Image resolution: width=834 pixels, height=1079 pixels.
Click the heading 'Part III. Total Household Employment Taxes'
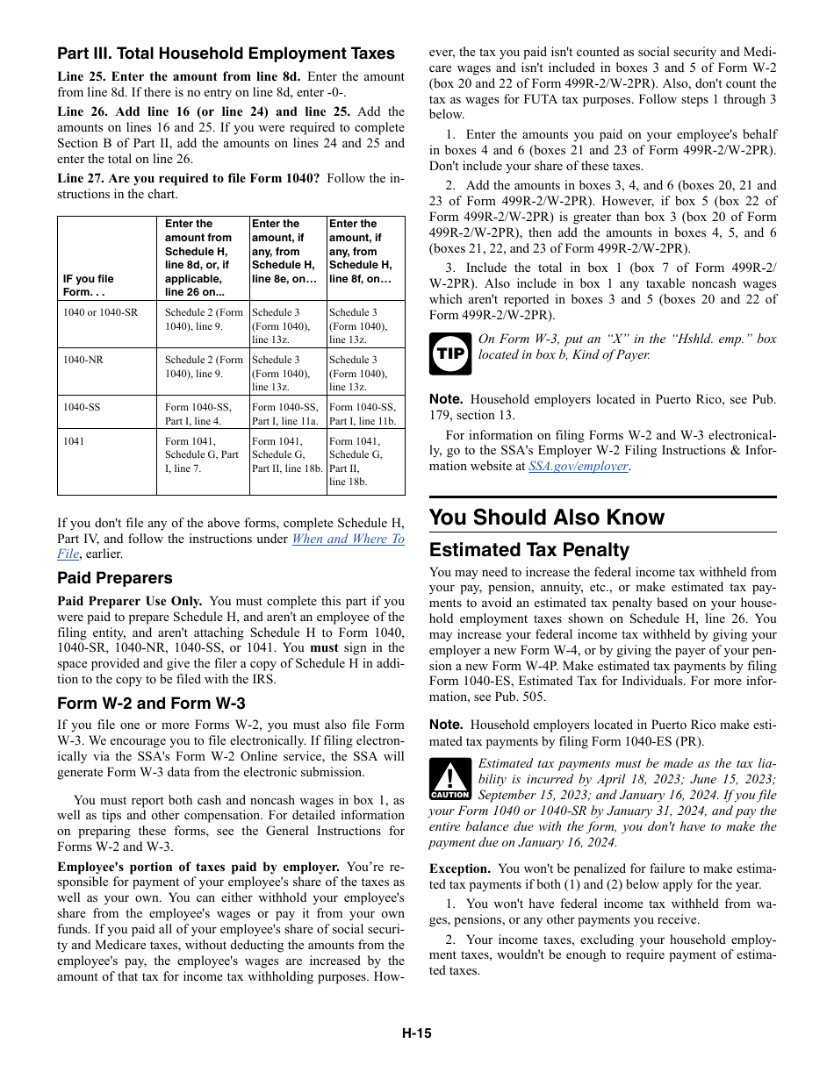coord(226,54)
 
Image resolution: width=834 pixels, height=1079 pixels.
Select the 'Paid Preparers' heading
coord(115,578)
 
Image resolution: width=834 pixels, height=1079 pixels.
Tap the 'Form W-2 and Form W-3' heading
coord(151,704)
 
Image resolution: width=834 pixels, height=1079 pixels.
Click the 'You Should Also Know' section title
coord(547,517)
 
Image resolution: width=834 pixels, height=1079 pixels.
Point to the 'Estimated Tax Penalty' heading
coord(529,550)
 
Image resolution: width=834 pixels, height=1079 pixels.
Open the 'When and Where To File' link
coord(348,539)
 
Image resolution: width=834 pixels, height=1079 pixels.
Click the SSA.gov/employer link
coord(578,467)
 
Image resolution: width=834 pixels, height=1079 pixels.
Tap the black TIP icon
coord(449,354)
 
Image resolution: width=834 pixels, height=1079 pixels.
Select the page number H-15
coord(417,1033)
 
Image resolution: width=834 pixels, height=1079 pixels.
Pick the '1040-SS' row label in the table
coord(82,407)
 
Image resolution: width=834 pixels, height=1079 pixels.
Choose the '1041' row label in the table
coord(74,441)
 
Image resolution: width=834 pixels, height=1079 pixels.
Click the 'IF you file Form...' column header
coord(88,285)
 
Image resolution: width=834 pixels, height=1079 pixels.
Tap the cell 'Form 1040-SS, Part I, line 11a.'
coord(285,414)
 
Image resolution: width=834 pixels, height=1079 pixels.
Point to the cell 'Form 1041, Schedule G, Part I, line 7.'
coord(202,454)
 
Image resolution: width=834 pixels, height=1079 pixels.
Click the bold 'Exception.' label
coord(453,868)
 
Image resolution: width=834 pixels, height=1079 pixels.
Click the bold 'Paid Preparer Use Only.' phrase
coord(129,602)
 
